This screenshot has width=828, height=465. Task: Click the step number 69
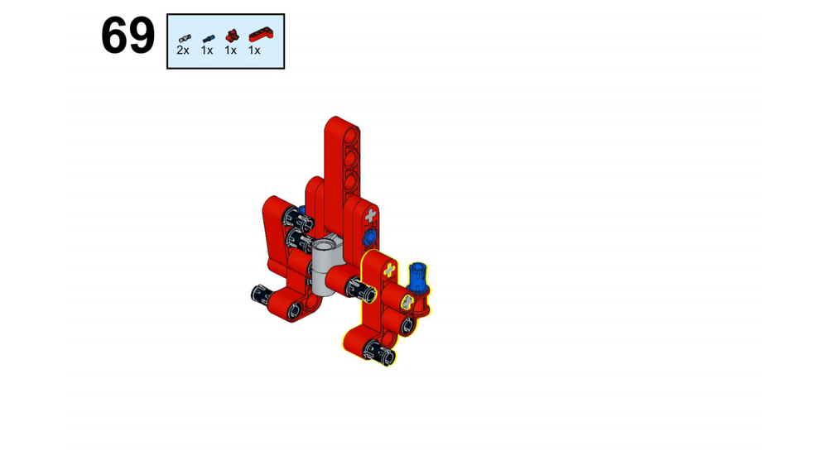pyautogui.click(x=128, y=37)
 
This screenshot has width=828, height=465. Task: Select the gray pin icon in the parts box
pyautogui.click(x=183, y=37)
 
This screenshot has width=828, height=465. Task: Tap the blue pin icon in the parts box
pyautogui.click(x=207, y=37)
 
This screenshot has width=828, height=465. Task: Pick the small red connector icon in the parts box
pyautogui.click(x=231, y=36)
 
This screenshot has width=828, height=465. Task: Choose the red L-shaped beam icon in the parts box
pyautogui.click(x=261, y=35)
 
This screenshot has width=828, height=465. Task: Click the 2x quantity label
pyautogui.click(x=183, y=50)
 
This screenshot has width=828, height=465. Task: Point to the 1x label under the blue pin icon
pyautogui.click(x=207, y=50)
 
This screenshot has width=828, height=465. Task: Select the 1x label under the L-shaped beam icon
pyautogui.click(x=255, y=50)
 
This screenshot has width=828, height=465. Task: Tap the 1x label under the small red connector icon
pyautogui.click(x=230, y=50)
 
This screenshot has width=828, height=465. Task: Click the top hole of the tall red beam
pyautogui.click(x=352, y=133)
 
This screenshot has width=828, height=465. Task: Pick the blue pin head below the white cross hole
pyautogui.click(x=369, y=238)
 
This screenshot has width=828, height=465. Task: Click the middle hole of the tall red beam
pyautogui.click(x=352, y=156)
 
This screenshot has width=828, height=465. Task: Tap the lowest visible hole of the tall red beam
pyautogui.click(x=352, y=179)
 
